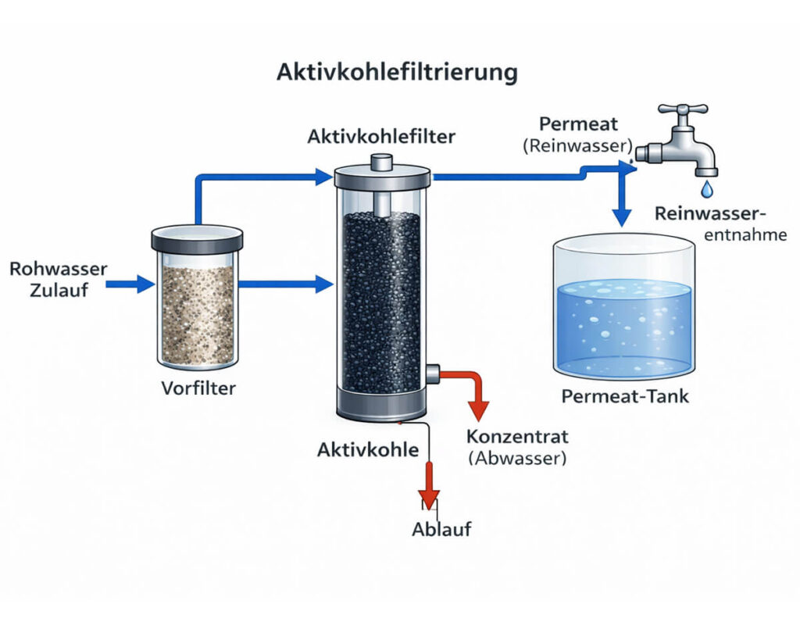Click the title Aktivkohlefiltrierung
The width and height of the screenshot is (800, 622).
click(397, 73)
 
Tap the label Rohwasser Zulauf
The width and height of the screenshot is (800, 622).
click(58, 281)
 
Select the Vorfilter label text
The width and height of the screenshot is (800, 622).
click(198, 388)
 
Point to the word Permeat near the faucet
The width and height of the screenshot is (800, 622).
click(578, 123)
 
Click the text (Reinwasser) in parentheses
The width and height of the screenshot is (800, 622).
click(579, 146)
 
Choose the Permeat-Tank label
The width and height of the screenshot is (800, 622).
click(625, 396)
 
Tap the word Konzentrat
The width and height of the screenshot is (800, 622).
click(516, 436)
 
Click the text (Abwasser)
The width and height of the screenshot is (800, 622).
click(516, 459)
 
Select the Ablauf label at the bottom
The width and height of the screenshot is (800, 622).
click(441, 529)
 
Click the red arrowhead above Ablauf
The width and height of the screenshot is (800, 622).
click(428, 498)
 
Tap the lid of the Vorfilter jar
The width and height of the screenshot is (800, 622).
click(197, 237)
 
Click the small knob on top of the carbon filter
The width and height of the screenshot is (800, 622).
click(381, 162)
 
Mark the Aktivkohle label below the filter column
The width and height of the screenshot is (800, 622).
click(368, 449)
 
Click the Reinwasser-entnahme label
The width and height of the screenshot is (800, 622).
click(721, 223)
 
